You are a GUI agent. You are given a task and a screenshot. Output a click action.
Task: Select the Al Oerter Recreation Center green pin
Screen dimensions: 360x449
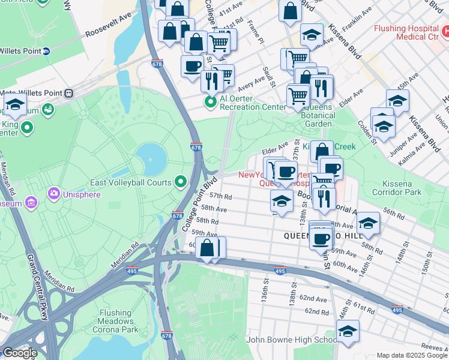[x=211, y=102]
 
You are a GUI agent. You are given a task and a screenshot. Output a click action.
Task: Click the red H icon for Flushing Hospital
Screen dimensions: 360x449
[x=445, y=28]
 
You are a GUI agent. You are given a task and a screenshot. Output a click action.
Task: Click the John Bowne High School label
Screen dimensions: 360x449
[x=292, y=340]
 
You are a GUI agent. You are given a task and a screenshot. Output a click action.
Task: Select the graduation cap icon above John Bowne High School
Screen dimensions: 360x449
[x=348, y=330]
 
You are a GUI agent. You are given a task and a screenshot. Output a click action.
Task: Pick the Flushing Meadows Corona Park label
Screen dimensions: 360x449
[x=116, y=317]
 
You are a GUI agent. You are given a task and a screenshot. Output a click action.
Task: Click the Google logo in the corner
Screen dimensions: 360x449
[x=19, y=353]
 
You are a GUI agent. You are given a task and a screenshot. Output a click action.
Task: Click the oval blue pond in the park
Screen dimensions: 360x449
[x=154, y=157]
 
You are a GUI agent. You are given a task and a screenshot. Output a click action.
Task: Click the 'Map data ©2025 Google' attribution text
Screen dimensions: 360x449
[x=411, y=355]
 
